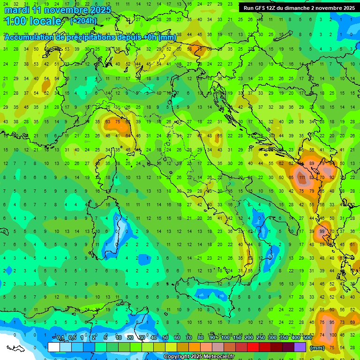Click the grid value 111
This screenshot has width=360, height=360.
pos(301,178)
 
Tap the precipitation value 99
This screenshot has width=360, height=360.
pos(322,231)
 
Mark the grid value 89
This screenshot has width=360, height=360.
pos(312,163)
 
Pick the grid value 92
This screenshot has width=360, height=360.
pos(332,178)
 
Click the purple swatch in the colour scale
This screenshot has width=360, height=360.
pos(300,347)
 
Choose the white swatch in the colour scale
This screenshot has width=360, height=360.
pos(54,347)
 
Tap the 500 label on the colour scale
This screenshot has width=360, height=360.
pos(307,338)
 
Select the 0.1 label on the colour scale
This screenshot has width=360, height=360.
pos(60,338)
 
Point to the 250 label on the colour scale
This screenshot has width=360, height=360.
pos(260,338)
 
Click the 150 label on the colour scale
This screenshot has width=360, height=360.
pos(237,338)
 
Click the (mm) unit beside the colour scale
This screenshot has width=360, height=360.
pos(317,348)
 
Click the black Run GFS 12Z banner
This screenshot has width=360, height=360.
pos(299,8)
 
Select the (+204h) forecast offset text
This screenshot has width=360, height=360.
pos(83,21)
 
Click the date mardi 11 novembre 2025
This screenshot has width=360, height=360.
pos(58,10)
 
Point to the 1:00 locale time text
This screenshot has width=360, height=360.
pos(33,21)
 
